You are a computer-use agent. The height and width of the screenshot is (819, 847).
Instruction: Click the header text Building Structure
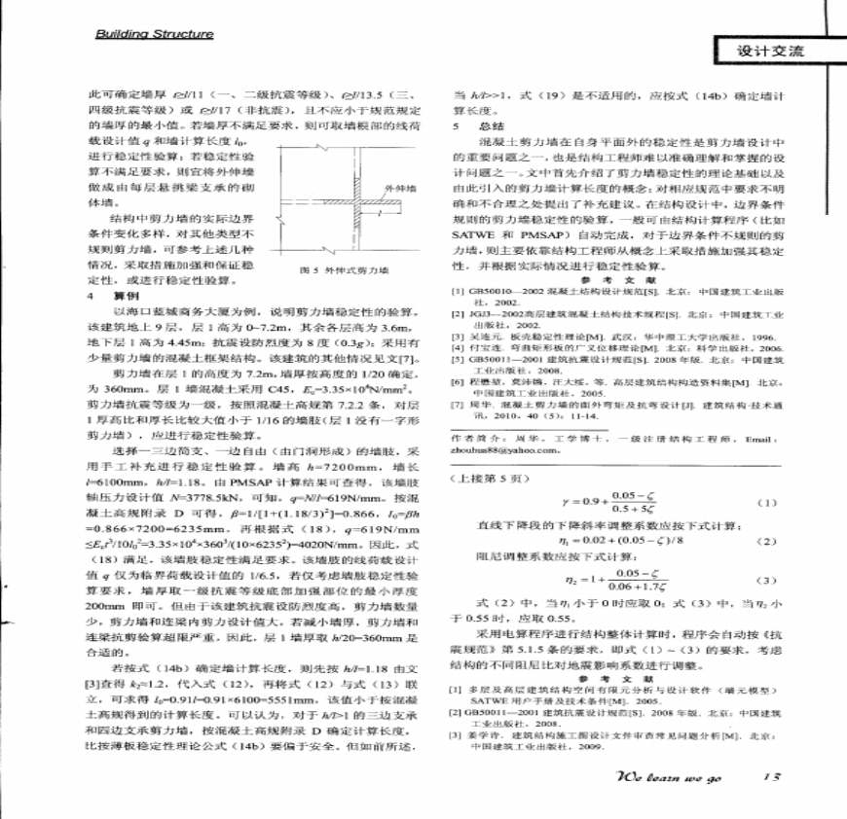153,34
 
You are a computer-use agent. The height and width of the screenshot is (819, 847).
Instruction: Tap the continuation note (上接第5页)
488,481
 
